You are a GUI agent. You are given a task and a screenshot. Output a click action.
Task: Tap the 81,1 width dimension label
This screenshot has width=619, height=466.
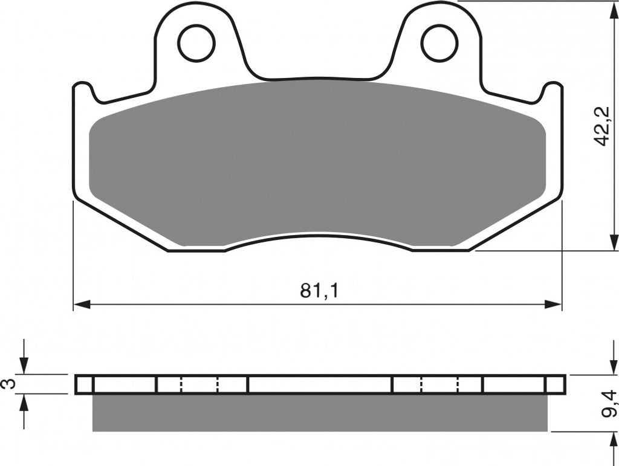point(319,291)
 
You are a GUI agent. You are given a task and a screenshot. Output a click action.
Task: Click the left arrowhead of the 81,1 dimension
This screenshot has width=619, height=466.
point(82,304)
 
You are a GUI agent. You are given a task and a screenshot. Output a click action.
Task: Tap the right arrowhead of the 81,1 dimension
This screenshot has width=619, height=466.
point(553,304)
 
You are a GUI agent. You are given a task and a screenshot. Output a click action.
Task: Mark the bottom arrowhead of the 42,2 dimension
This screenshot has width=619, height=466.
point(614,242)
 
